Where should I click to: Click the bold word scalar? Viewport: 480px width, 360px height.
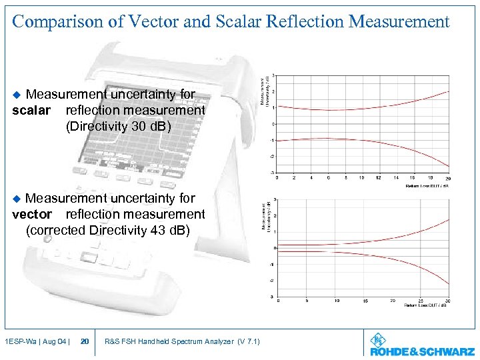31,111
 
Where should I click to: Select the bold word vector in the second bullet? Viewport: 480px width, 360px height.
32,215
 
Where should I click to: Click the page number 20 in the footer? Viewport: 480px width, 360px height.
85,342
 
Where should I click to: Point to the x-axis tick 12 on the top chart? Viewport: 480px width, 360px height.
379,178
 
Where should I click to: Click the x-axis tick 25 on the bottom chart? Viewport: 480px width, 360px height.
421,301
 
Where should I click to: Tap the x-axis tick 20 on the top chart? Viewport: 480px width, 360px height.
448,178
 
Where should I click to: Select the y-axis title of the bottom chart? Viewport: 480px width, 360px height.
267,216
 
